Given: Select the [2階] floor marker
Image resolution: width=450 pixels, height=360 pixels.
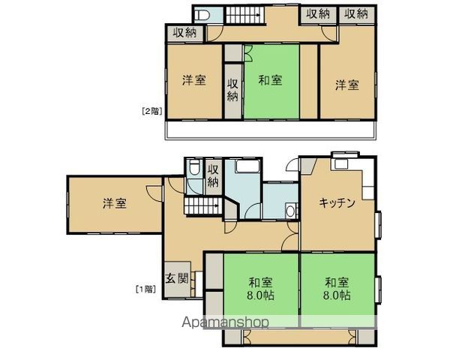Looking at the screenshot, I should point(151,111).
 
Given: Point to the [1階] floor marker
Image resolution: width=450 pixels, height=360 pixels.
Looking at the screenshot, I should point(145,288).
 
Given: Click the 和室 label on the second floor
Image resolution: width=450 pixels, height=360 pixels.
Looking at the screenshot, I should point(271,81).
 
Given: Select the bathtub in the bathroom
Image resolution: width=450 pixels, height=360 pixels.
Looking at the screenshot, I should point(244,167).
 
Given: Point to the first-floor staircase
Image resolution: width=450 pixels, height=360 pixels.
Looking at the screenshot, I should point(200,206).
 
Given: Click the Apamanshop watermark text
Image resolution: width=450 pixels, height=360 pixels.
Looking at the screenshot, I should point(225,322).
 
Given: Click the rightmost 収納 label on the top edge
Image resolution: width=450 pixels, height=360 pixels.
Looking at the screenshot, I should point(356,13).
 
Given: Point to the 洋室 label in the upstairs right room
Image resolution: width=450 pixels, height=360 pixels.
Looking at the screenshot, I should point(346,85).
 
